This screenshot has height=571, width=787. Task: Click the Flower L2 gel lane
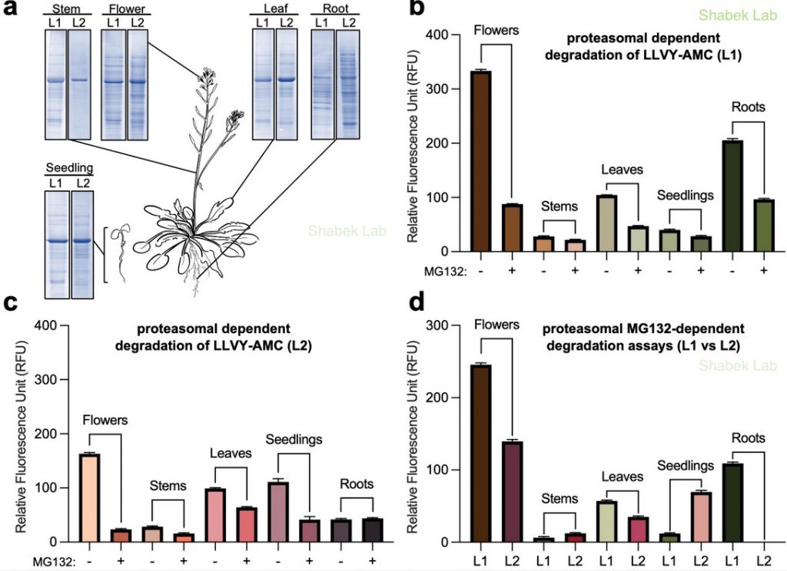click(137, 84)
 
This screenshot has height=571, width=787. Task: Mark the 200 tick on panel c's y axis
click(58, 434)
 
